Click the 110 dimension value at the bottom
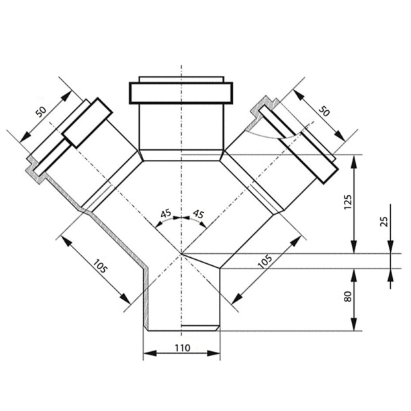pos(183,348)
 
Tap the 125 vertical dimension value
pos(348,202)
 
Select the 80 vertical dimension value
pos(348,296)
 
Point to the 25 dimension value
pos(383,222)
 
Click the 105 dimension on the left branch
pos(100,266)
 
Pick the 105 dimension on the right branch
pos(265,262)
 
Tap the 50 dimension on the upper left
pos(41,112)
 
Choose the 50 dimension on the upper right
pos(324,111)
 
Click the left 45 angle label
pos(166,214)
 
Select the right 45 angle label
pos(198,214)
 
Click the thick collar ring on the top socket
pos(181,93)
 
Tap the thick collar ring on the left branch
pos(87,123)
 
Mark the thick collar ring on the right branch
pos(299,144)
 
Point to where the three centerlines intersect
pos(181,254)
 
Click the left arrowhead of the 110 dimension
pos(150,353)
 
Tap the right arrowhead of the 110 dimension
pos(214,353)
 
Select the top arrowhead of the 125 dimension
pos(354,161)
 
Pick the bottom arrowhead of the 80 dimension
pos(354,324)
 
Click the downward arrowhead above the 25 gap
pos(391,247)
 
